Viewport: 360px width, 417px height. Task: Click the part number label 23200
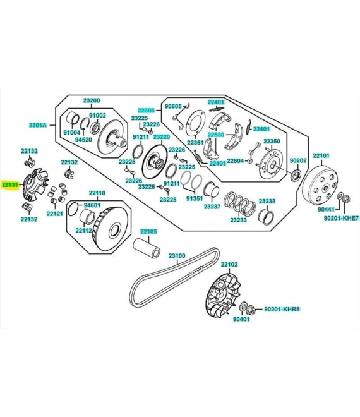[92, 100]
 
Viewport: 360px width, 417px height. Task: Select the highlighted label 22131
[11, 184]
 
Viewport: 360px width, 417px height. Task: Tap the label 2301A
[38, 125]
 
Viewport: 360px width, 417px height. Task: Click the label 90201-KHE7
[341, 217]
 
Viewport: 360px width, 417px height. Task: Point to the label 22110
[97, 193]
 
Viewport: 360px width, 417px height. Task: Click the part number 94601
[92, 205]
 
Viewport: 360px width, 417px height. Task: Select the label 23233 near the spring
[238, 220]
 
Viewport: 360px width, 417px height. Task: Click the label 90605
[173, 106]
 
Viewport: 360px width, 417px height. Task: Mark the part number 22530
[216, 135]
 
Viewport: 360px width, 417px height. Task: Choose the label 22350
[272, 141]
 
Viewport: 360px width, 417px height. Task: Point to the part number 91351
[194, 198]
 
